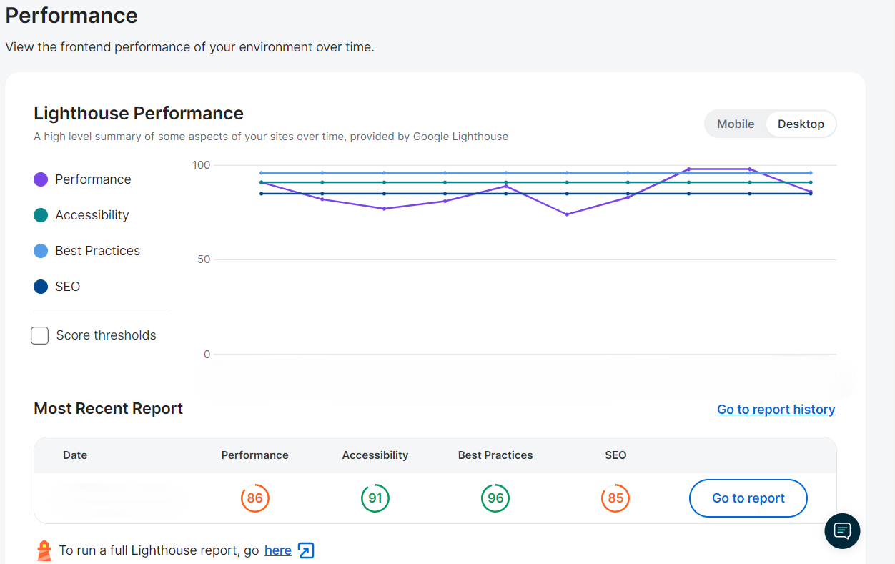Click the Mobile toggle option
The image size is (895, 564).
coord(735,124)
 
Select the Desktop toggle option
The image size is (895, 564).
coord(801,124)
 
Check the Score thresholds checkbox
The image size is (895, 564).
coord(40,335)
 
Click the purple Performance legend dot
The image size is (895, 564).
coord(41,179)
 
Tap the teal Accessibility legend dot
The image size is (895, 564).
coord(41,215)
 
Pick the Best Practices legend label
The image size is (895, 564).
coord(97,251)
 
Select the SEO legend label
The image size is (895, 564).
coord(68,287)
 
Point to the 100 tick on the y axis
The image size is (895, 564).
coord(202,165)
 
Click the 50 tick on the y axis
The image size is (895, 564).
coord(204,259)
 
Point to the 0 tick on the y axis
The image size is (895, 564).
coord(207,355)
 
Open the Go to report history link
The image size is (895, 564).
coord(776,410)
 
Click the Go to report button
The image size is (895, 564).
coord(748,498)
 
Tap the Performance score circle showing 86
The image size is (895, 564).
coord(255,498)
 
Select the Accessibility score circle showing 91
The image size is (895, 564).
coord(375,498)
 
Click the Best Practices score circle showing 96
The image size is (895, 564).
coord(495,498)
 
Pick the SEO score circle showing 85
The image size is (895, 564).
coord(615,498)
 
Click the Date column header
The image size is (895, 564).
coord(75,455)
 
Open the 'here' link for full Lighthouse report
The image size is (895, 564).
coord(277,550)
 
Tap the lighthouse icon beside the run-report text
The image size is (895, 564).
coord(44,550)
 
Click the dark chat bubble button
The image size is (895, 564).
coord(842,530)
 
